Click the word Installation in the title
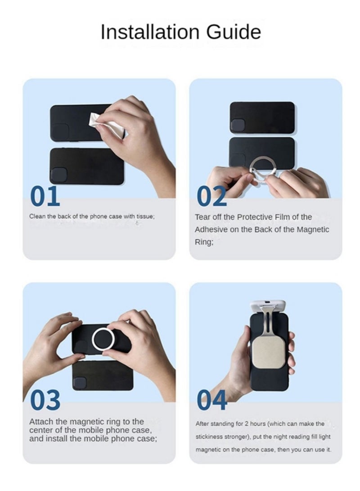pos(150,32)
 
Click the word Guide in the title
pos(234,32)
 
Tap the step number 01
pos(45,196)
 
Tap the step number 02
pos(211,196)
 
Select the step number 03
pos(45,400)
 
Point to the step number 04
pos(212,400)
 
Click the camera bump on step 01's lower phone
pos(59,175)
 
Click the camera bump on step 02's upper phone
pos(238,125)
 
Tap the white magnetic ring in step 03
pos(103,339)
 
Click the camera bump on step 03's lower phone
pos(80,383)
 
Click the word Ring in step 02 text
pos(204,242)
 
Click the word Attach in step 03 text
pos(41,422)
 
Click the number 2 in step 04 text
pos(246,423)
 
